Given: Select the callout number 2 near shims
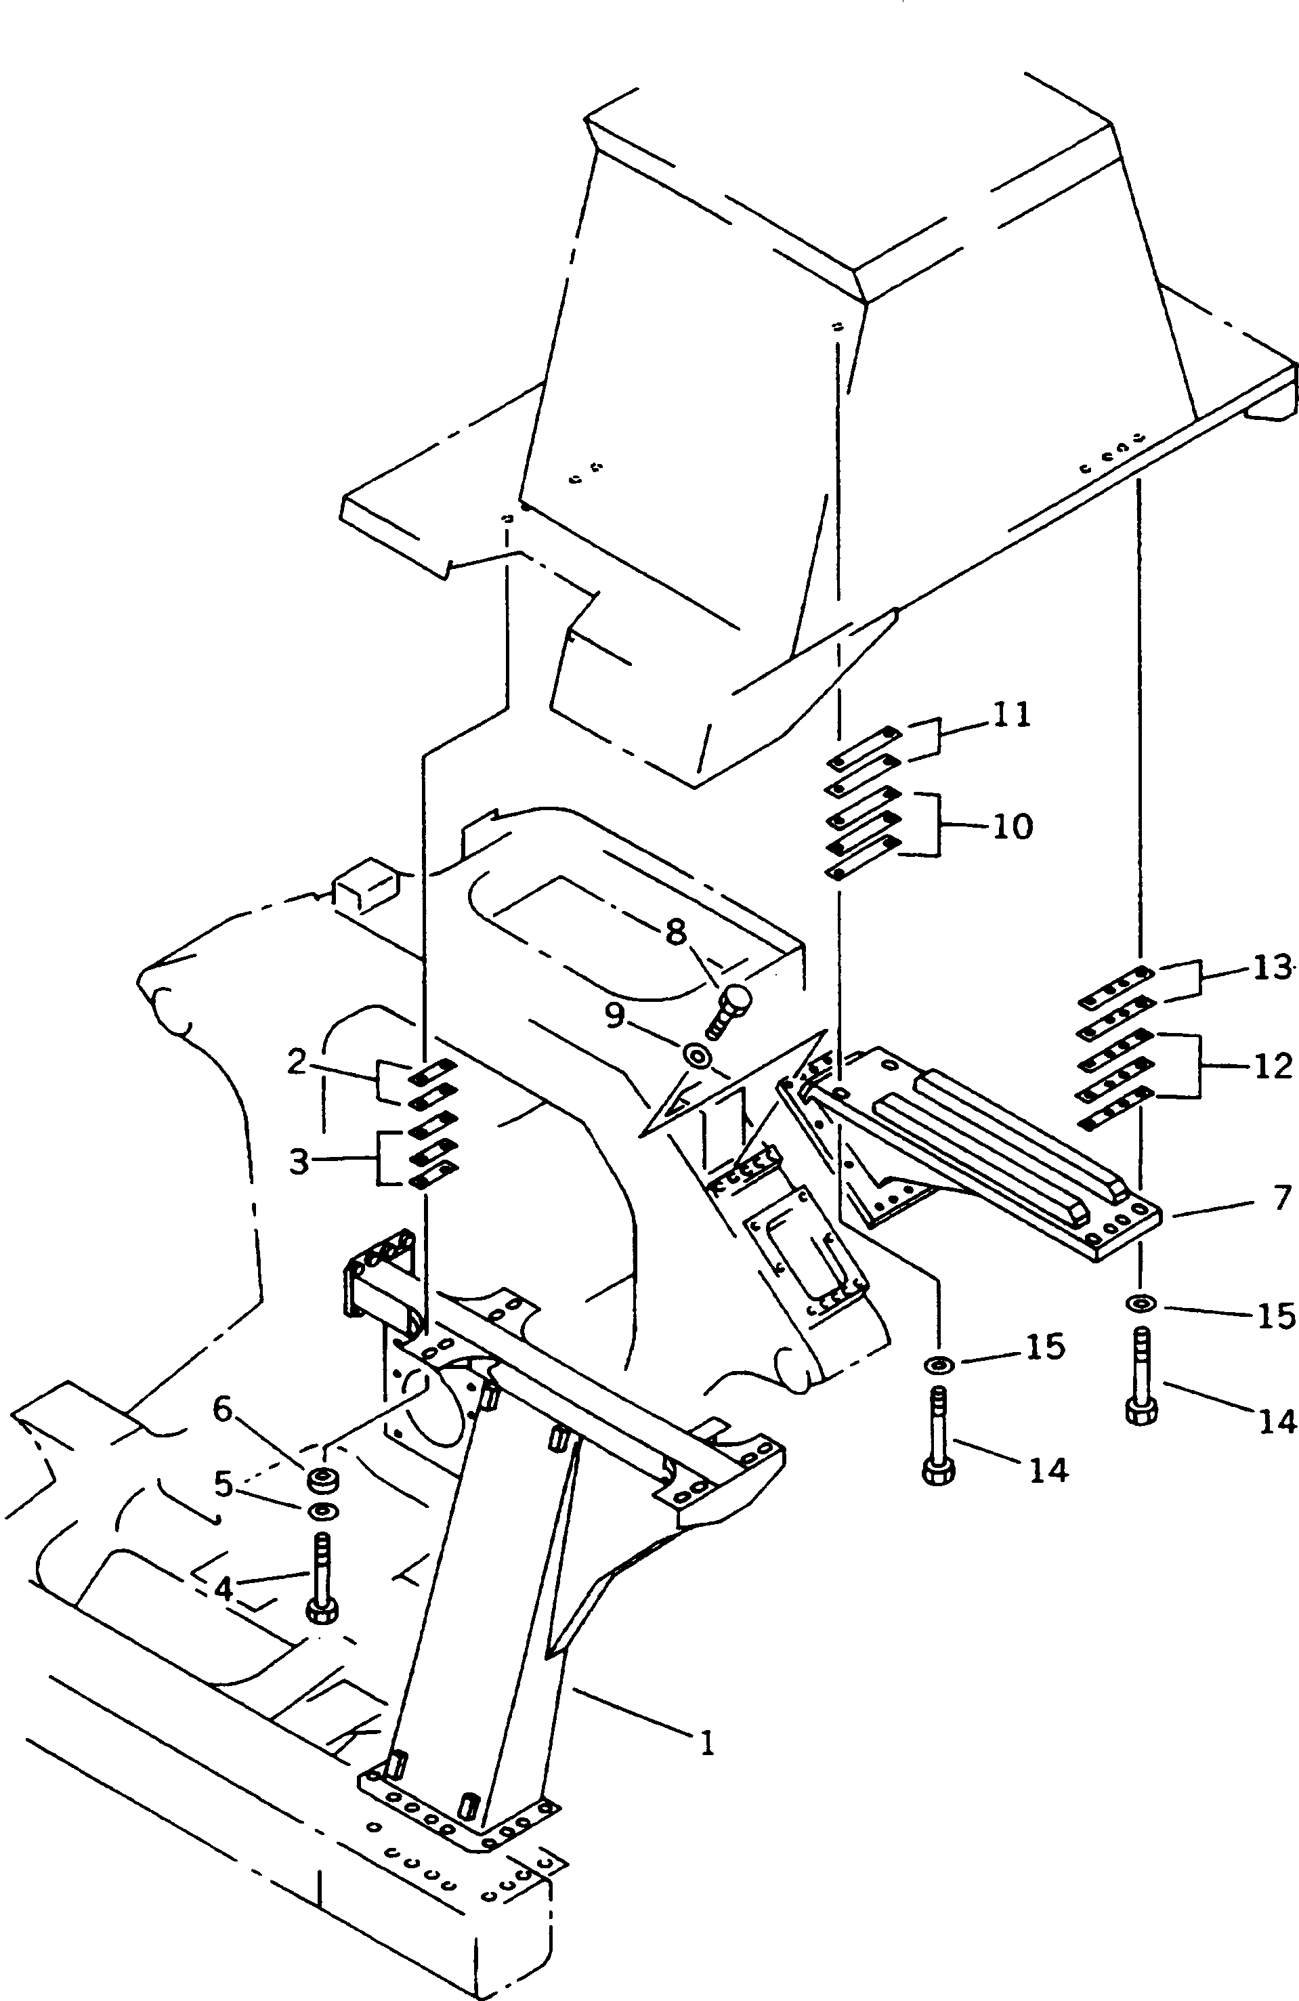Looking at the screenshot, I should [296, 1063].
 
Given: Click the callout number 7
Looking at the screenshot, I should [1281, 1199].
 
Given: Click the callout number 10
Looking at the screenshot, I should [1013, 827].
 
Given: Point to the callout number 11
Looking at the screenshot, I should [1010, 716].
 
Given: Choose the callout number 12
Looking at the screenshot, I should [1272, 1066].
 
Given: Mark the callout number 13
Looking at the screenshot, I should [1271, 969].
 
